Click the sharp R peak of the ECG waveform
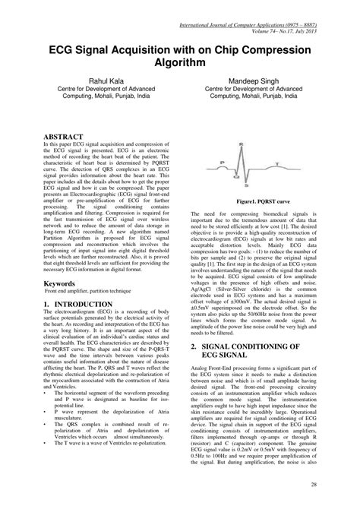[262, 149]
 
